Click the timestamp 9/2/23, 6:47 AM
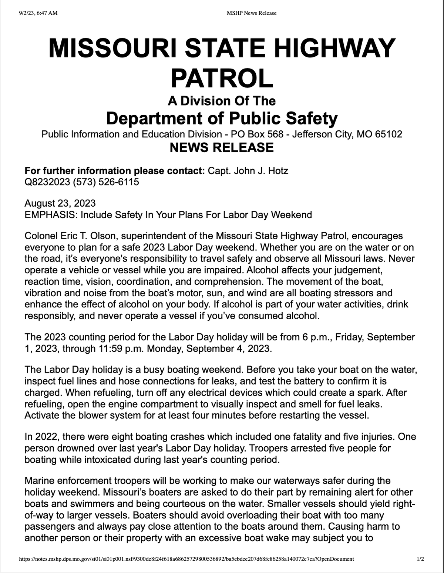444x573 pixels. (38, 13)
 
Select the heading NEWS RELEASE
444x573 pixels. (222, 147)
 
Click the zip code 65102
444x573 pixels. (388, 134)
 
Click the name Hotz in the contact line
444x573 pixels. (279, 171)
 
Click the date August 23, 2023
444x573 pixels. (60, 203)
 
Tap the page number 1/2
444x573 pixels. (420, 559)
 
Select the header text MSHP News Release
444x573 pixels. (251, 13)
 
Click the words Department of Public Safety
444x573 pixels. (222, 118)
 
